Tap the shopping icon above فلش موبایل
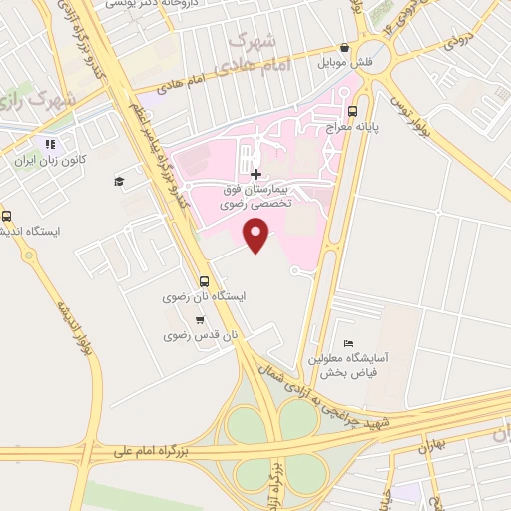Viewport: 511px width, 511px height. tap(344, 47)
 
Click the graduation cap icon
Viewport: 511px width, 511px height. tap(118, 181)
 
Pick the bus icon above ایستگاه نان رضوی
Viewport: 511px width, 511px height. tap(204, 281)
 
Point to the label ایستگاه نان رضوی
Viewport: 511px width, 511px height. tap(204, 297)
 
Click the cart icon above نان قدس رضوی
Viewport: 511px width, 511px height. tap(201, 320)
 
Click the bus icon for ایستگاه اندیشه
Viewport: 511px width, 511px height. tap(8, 215)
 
